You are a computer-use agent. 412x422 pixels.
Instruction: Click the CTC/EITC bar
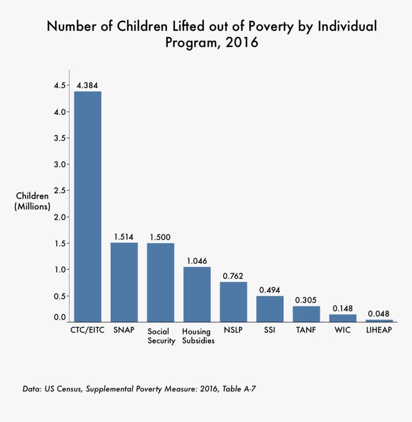[88, 206]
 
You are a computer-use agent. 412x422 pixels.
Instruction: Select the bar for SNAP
[124, 282]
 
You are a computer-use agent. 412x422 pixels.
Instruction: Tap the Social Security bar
[160, 282]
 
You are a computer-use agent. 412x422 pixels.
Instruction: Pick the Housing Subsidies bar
[197, 294]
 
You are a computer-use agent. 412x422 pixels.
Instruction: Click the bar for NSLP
[233, 301]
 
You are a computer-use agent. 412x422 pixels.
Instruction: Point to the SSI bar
[270, 309]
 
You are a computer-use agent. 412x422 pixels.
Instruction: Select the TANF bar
[306, 314]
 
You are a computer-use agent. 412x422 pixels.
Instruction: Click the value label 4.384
[88, 85]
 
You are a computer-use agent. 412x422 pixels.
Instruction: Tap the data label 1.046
[197, 261]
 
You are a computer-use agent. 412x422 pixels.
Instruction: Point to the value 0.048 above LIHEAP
[379, 314]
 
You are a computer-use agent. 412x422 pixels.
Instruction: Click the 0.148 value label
[343, 308]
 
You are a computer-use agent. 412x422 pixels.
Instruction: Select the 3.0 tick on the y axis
[59, 164]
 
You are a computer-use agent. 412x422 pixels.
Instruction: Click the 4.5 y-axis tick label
[59, 85]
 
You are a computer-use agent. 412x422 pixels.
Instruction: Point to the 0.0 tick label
[59, 317]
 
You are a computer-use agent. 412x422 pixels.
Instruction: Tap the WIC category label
[343, 331]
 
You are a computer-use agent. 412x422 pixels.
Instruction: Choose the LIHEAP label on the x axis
[379, 331]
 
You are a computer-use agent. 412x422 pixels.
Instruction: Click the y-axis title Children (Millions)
[33, 201]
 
